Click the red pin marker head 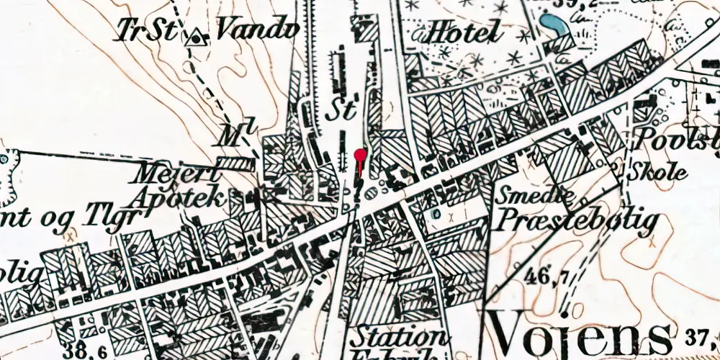point(360,153)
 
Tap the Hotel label point(464,32)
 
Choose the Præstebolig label point(576,219)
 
